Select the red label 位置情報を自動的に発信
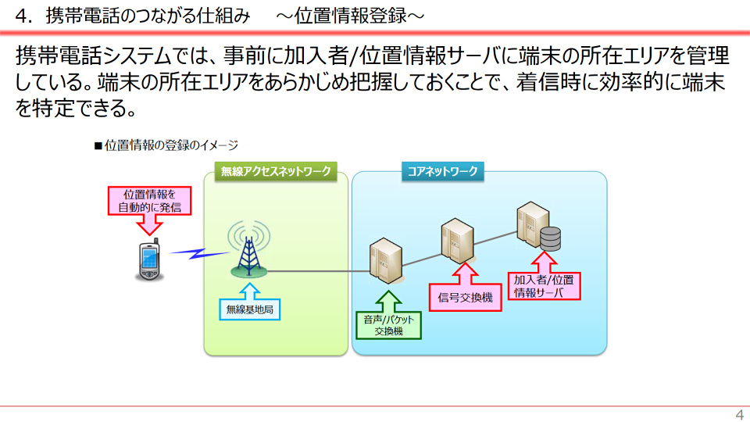coord(149,201)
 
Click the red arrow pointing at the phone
coord(148,226)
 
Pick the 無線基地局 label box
coord(249,309)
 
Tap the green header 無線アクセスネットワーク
coord(276,171)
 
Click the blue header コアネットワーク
coord(442,171)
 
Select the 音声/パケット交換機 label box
coord(388,324)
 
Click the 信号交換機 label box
coord(466,298)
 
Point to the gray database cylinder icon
coord(551,238)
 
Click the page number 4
coord(739,414)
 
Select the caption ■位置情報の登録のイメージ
coord(166,145)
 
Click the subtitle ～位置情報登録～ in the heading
coord(349,15)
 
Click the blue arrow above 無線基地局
coord(249,290)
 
